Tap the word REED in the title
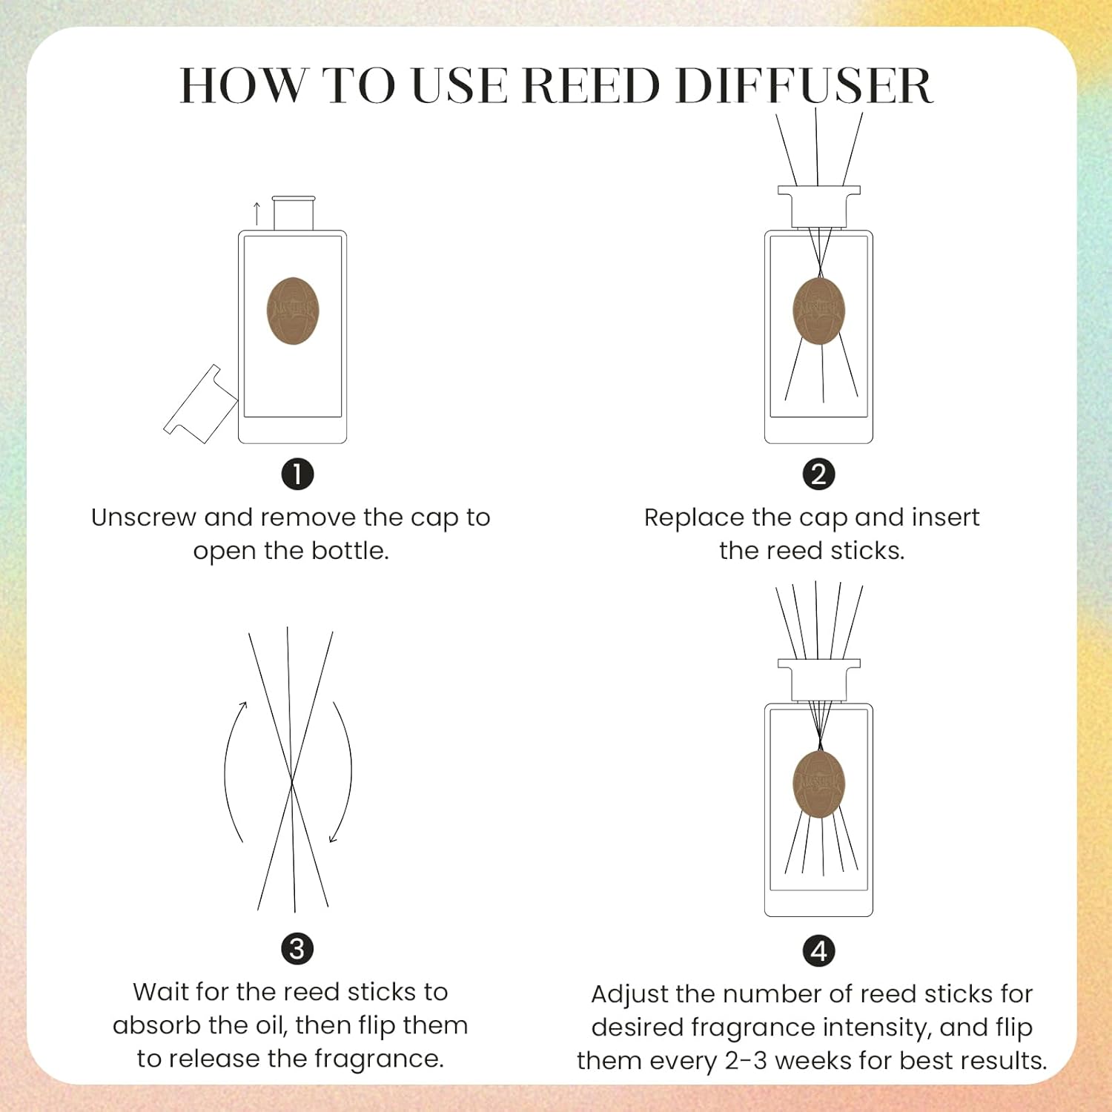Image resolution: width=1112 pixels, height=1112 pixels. [x=591, y=86]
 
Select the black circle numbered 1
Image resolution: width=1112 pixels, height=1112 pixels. [x=297, y=474]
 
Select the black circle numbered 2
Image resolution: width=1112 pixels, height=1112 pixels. [x=818, y=474]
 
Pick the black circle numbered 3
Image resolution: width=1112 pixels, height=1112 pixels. [x=297, y=949]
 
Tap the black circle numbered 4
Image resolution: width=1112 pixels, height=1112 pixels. [x=818, y=951]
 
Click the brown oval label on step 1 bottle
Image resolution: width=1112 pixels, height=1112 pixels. [x=293, y=311]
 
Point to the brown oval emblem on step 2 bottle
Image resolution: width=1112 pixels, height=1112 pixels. [x=818, y=311]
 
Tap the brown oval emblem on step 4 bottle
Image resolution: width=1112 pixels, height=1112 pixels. [x=818, y=784]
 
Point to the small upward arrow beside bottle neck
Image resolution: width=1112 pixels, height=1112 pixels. [x=257, y=213]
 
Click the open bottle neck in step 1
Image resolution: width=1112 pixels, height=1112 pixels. [x=294, y=214]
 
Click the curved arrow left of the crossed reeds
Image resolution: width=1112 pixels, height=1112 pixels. [x=231, y=771]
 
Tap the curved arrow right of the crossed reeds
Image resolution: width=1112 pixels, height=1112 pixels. [x=344, y=771]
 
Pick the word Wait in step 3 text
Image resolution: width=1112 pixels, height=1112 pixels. [x=157, y=992]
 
